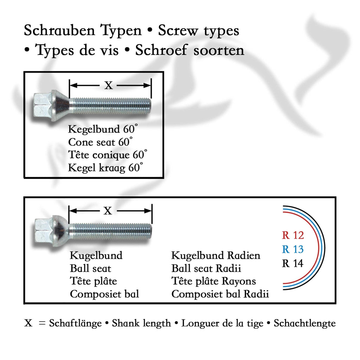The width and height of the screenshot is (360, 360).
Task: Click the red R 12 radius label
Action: [292, 235]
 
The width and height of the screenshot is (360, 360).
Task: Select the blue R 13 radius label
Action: [292, 249]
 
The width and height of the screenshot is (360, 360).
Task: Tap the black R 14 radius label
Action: [292, 263]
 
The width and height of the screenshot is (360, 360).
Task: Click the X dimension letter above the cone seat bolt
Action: [109, 85]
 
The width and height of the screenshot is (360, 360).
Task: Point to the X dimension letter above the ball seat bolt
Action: [108, 211]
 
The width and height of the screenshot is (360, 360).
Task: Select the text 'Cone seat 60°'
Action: [101, 142]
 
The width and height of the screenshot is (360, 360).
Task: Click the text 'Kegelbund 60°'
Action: [102, 129]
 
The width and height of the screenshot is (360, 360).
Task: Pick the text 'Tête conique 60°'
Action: [108, 155]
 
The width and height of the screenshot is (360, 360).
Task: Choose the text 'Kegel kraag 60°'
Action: [105, 168]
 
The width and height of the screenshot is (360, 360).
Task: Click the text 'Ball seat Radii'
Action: [206, 269]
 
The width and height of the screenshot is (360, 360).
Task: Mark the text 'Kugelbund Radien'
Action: [216, 256]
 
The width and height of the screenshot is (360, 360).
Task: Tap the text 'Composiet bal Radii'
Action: [220, 294]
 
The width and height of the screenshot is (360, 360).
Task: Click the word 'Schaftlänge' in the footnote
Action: [75, 323]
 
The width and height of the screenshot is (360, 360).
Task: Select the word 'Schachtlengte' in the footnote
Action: [304, 323]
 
